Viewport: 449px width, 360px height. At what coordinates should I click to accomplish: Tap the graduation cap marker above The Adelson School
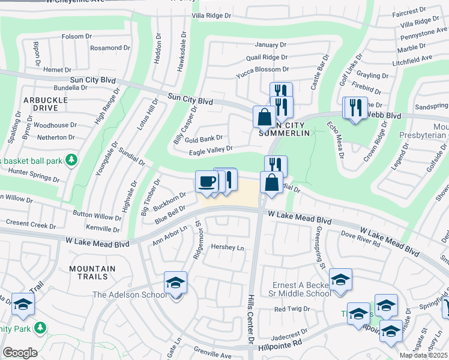(x=175, y=282)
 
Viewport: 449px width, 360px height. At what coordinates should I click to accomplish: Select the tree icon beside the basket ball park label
(x=71, y=160)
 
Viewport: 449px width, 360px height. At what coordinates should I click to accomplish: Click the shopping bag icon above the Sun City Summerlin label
(x=264, y=116)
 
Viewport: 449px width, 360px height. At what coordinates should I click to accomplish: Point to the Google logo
(x=20, y=353)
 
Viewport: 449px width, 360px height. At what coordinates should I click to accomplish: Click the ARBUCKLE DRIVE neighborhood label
(x=41, y=104)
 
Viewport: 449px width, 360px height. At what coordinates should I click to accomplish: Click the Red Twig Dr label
(x=292, y=310)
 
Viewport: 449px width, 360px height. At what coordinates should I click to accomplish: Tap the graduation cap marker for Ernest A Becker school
(x=340, y=280)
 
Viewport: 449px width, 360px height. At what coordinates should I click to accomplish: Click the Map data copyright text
(x=423, y=355)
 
